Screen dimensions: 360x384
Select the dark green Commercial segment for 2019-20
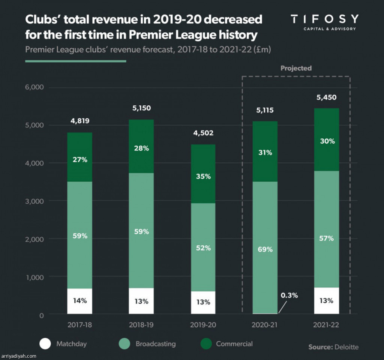pos(203,174)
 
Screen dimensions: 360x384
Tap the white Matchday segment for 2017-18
pos(79,301)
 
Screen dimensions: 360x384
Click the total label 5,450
pos(326,97)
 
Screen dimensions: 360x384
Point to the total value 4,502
pos(203,133)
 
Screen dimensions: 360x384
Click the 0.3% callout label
pos(289,295)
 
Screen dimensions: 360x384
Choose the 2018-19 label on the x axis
pos(141,325)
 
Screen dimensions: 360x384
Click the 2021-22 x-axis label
pos(326,325)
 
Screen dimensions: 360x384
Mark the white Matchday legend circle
pos(45,344)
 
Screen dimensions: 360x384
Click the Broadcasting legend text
pos(155,344)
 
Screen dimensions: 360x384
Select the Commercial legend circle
pos(205,344)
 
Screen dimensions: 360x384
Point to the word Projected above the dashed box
pos(296,68)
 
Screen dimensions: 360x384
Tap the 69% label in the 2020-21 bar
pos(265,249)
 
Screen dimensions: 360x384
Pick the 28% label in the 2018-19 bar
pos(141,148)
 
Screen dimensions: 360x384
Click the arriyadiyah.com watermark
pos(19,356)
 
